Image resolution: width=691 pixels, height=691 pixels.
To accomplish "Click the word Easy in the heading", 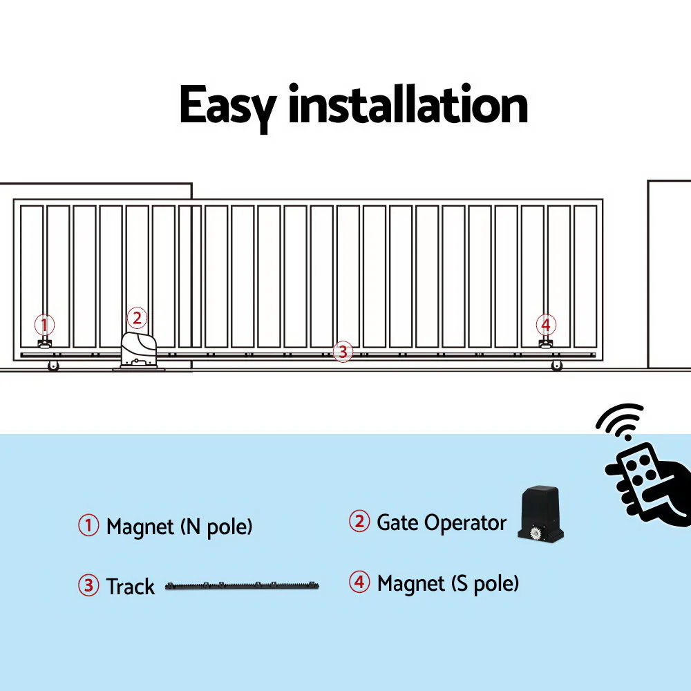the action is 228,106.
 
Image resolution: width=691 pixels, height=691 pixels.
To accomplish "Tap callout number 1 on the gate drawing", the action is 44,324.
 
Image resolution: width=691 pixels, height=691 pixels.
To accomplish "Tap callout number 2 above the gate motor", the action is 137,318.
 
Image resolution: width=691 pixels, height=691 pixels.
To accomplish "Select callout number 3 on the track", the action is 342,352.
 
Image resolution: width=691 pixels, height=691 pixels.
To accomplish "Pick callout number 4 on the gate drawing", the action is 546,324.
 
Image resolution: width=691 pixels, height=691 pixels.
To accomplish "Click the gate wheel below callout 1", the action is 53,366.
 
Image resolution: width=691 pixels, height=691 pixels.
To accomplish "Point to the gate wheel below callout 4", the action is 557,366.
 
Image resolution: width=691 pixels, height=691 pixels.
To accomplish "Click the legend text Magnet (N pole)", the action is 179,527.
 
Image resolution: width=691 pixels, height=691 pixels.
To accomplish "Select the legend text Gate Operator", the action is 442,522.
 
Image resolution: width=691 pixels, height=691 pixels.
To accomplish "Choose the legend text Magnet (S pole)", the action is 448,583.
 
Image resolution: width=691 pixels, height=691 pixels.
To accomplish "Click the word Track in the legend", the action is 130,587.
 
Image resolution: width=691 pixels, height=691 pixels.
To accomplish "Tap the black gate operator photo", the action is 542,514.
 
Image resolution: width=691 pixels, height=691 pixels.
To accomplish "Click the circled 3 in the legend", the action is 88,586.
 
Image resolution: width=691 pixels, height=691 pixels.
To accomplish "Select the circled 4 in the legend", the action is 359,583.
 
